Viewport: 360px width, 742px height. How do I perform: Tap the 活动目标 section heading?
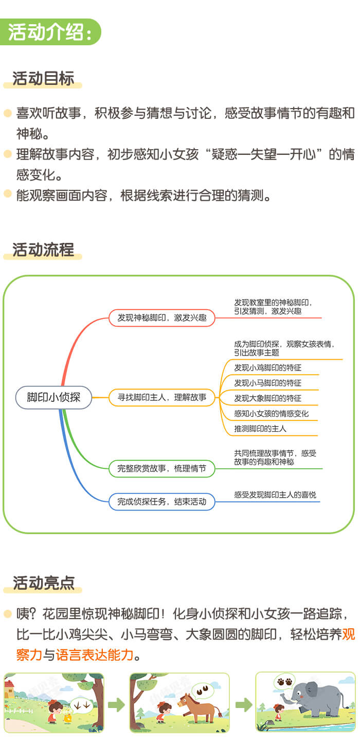pos(43,79)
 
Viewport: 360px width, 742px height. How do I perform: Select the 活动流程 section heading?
pos(43,250)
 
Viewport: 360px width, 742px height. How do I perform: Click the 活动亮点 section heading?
pos(44,583)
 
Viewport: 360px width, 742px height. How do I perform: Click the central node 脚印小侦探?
pos(53,397)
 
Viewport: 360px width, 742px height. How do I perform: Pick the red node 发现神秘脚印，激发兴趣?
pos(161,318)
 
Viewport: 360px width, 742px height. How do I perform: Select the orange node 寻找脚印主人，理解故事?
pos(161,397)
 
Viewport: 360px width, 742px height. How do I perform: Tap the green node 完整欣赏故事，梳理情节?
pos(161,468)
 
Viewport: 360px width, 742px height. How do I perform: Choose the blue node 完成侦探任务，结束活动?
pos(161,501)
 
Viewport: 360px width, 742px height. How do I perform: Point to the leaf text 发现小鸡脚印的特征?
pos(267,368)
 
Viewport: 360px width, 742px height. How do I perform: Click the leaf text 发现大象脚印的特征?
pos(267,398)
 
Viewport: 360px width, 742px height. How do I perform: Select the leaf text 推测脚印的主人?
pos(260,429)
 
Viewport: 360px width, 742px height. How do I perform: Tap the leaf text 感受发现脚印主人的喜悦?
pos(275,495)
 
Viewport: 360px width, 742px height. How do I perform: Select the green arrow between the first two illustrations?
pos(116,704)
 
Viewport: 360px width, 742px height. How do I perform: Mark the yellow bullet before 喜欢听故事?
pos(7,113)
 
